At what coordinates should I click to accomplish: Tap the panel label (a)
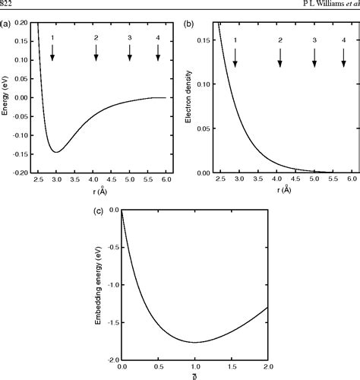6,24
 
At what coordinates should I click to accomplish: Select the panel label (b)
189,24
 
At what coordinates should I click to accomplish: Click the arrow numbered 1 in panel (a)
52,52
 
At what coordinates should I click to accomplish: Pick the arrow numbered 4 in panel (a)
158,52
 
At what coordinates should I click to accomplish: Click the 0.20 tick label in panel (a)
21,24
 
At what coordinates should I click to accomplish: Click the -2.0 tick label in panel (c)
112,358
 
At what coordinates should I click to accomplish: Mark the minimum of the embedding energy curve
194,342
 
